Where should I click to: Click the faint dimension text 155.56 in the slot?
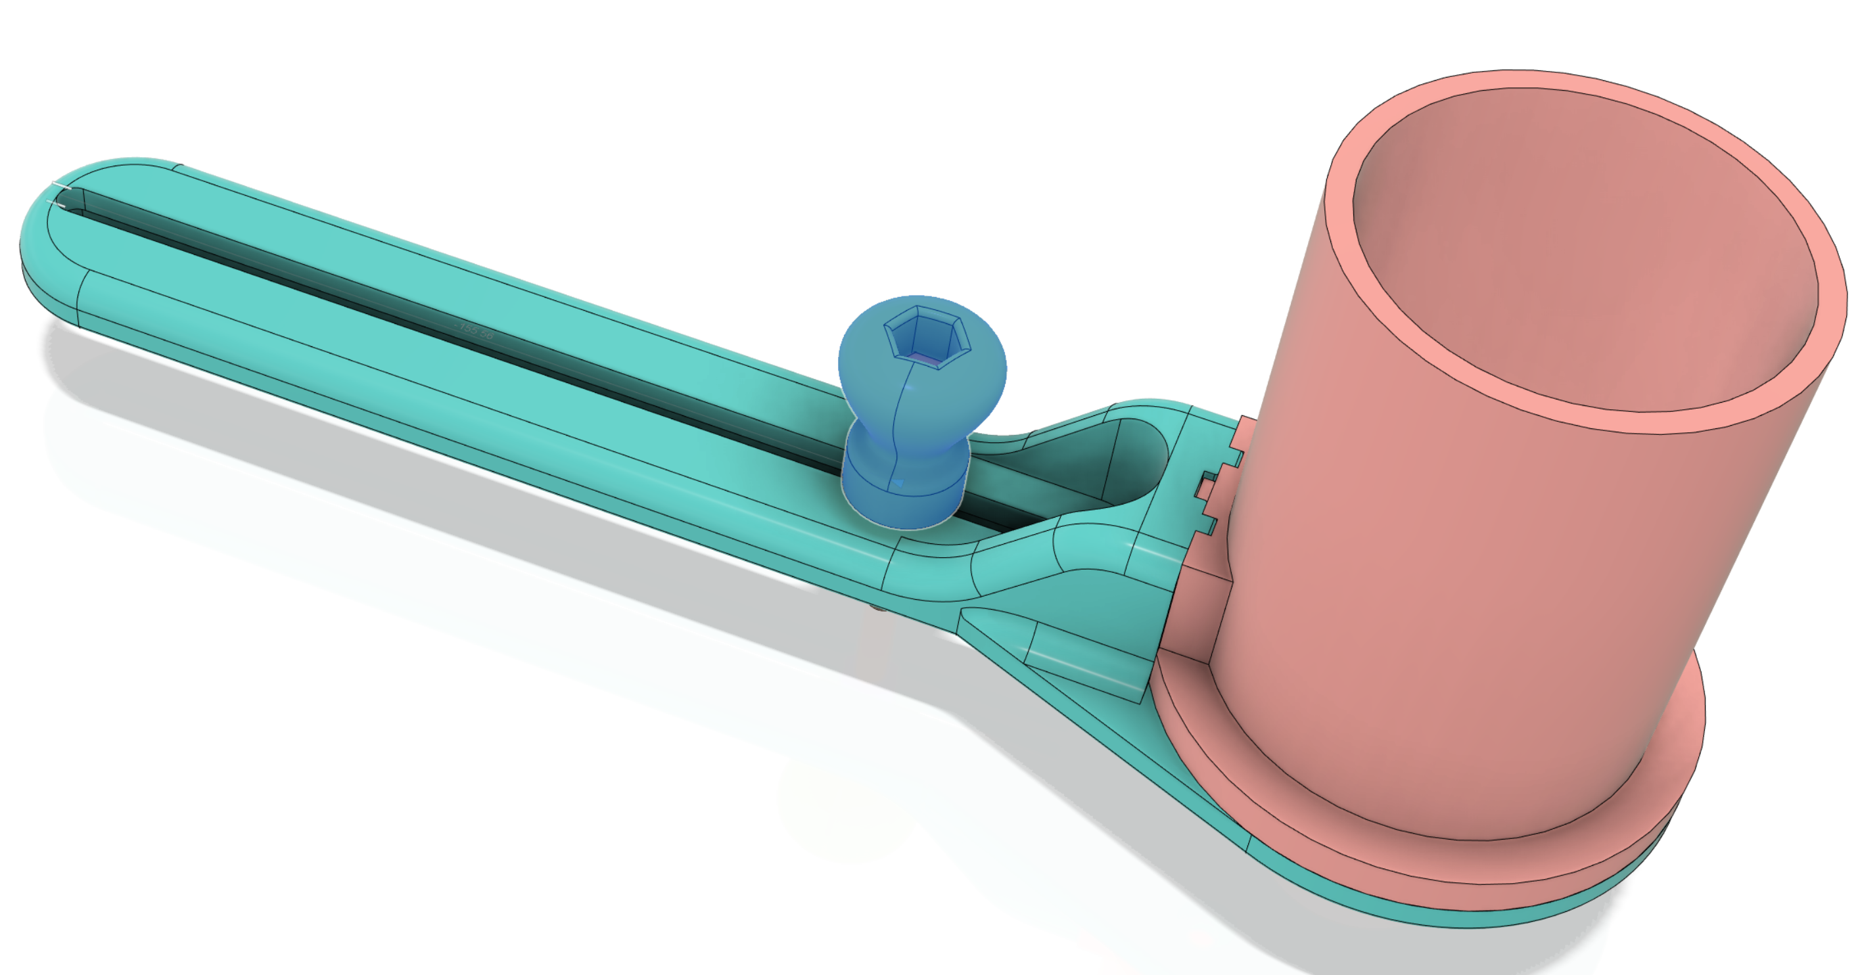475,331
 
